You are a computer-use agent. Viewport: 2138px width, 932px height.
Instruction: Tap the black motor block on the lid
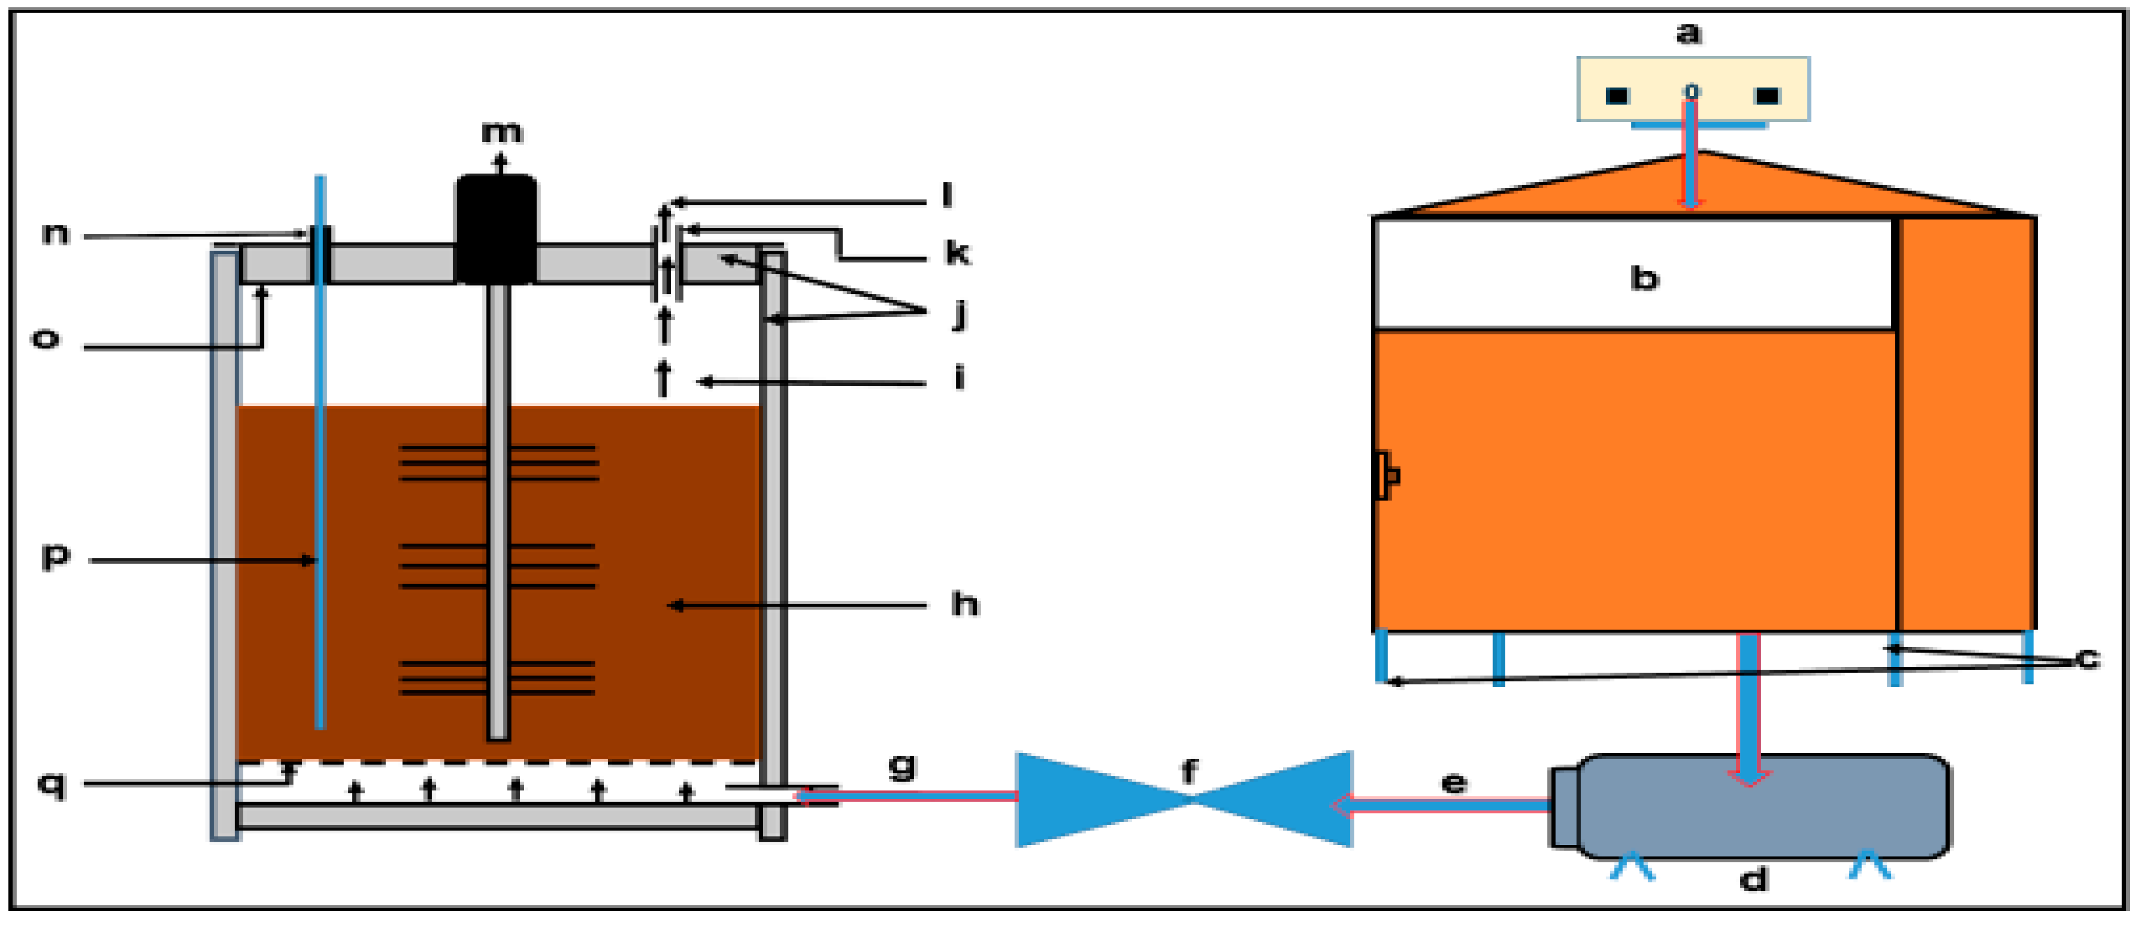click(x=496, y=228)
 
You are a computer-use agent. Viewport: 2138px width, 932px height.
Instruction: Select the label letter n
click(x=55, y=234)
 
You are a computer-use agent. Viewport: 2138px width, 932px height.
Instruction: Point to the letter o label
click(x=45, y=339)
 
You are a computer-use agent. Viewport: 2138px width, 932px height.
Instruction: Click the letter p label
click(x=55, y=556)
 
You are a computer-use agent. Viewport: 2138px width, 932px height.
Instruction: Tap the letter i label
click(x=960, y=378)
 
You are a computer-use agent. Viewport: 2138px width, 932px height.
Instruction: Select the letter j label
click(x=960, y=313)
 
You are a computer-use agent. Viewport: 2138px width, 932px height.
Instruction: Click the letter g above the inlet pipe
click(x=902, y=765)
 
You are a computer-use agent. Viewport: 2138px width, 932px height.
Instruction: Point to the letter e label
click(x=1454, y=783)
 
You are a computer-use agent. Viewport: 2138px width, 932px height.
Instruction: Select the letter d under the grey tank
click(x=1753, y=878)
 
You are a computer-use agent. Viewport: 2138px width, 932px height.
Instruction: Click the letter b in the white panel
click(x=1644, y=278)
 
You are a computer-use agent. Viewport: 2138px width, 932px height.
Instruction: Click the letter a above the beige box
click(x=1689, y=34)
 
